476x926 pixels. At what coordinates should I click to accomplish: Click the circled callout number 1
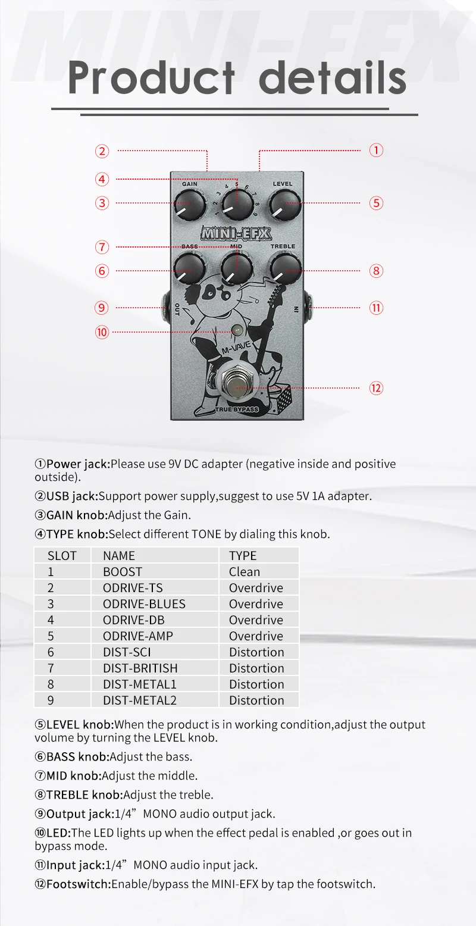(x=376, y=150)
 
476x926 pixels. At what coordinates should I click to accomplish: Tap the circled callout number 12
(x=376, y=388)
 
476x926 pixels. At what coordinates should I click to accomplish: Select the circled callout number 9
(x=102, y=308)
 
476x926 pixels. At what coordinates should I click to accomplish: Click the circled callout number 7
(x=102, y=246)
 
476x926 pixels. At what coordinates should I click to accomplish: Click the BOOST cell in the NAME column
(x=123, y=572)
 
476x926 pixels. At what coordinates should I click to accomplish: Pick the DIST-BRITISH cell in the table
(x=140, y=668)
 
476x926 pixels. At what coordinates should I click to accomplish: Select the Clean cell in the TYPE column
(x=245, y=572)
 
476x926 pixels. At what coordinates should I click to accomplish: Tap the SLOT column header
(x=62, y=556)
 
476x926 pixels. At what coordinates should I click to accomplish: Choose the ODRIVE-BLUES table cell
(x=144, y=604)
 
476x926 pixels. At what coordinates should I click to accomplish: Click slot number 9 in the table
(x=51, y=700)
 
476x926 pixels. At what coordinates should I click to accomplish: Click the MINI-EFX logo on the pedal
(x=235, y=232)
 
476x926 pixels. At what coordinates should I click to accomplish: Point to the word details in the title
(x=332, y=77)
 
